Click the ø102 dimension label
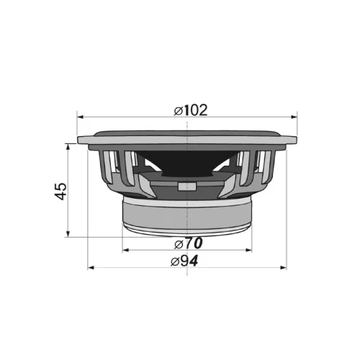[191, 110]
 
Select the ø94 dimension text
[184, 261]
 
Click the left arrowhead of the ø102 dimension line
[81, 116]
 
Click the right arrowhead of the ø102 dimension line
[293, 116]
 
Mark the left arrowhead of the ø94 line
[90, 268]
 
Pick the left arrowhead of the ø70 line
[125, 250]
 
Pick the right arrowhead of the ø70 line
[249, 250]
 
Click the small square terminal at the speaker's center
[187, 186]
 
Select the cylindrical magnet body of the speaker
[187, 211]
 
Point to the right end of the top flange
[296, 140]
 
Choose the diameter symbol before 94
[175, 261]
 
